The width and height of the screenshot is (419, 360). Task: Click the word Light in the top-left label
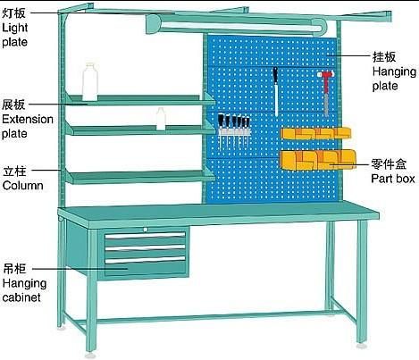15,28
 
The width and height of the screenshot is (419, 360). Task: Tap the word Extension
28,119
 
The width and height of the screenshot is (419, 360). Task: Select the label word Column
23,185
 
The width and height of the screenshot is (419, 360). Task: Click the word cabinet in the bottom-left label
21,297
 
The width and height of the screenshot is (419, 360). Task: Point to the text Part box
393,179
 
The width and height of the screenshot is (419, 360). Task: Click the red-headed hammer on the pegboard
326,92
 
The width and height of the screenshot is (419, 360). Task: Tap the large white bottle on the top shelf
90,82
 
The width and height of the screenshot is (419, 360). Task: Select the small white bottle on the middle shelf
161,119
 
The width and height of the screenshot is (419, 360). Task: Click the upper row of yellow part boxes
316,133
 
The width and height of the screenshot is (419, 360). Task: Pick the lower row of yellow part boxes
318,160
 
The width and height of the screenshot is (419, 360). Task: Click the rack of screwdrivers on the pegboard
234,130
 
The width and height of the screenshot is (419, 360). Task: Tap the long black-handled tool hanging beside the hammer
276,91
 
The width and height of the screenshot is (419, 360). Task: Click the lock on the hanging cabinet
146,230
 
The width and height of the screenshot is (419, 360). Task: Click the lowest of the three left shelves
140,177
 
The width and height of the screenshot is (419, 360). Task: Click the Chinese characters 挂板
384,56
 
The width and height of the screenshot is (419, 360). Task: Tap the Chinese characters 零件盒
389,164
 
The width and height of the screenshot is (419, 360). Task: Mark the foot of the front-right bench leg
363,346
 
